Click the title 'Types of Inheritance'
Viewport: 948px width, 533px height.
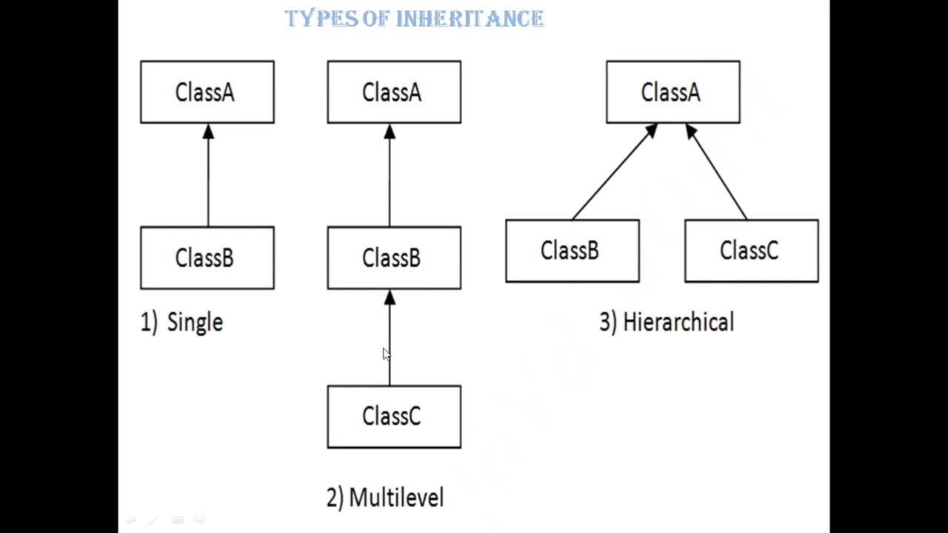coord(415,19)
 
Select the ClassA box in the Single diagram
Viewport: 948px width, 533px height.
coord(207,92)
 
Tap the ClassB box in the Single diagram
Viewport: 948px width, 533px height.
coord(207,258)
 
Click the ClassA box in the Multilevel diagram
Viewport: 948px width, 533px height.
coord(393,92)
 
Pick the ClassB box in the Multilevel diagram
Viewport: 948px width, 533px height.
coord(393,258)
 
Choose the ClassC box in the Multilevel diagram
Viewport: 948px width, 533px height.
coord(393,417)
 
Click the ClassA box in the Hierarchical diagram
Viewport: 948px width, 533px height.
coord(672,92)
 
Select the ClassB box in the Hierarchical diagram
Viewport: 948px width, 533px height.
coord(572,251)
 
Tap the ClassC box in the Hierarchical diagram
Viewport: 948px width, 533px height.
coord(751,251)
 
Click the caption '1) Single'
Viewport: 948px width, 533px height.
coord(181,323)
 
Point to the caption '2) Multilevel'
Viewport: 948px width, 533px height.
coord(385,497)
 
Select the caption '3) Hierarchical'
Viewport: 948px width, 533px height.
coord(667,323)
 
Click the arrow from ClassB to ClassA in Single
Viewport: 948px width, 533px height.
coord(208,178)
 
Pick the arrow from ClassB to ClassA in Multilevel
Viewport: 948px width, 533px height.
coord(390,178)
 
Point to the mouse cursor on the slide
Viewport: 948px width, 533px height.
coord(386,355)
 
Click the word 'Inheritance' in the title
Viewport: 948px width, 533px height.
coord(470,19)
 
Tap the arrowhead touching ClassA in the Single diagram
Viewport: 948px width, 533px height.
coord(208,131)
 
